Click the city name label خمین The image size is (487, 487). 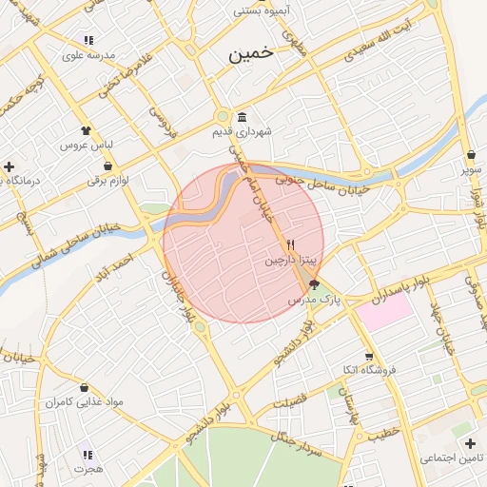pos(250,54)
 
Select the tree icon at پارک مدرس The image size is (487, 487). pos(315,283)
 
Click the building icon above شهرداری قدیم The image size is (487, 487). pos(242,117)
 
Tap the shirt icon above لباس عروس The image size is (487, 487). pos(88,130)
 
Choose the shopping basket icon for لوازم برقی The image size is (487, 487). pos(107,166)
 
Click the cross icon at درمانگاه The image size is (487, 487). pos(9,166)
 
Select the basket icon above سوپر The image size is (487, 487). pos(472,155)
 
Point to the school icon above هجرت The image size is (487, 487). pos(88,455)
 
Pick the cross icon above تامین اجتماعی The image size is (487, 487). pos(470,443)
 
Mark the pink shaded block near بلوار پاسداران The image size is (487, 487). pos(385,312)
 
